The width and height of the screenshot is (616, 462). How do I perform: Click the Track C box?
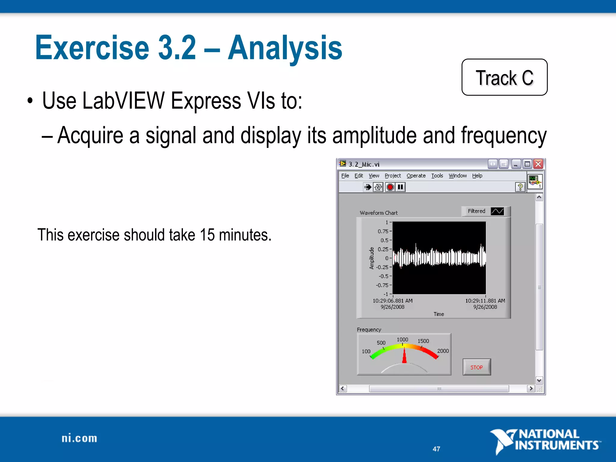(x=504, y=77)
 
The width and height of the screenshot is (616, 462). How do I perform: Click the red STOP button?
(x=476, y=367)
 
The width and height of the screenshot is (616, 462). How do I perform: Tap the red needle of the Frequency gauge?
(x=404, y=356)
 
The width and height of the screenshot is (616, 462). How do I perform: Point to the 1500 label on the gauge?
(x=423, y=341)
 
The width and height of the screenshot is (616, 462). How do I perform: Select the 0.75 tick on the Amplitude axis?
(x=383, y=231)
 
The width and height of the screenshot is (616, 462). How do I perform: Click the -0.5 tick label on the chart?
(x=383, y=276)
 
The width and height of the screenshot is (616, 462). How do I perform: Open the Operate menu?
(x=416, y=176)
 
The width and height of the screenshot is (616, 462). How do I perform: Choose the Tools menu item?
(x=437, y=176)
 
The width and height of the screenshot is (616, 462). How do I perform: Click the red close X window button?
(x=538, y=164)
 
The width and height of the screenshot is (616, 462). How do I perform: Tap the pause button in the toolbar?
(x=400, y=187)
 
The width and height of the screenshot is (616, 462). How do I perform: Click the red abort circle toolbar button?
(x=390, y=187)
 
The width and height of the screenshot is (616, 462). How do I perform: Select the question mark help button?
(x=520, y=187)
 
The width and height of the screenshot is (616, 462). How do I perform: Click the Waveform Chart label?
(x=378, y=213)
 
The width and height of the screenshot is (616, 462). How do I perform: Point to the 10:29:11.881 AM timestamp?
(x=485, y=300)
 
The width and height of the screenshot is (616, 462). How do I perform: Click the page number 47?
(x=436, y=449)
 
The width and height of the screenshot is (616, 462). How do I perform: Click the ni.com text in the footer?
(x=79, y=438)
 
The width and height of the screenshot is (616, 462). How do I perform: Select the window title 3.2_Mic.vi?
(x=364, y=164)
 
